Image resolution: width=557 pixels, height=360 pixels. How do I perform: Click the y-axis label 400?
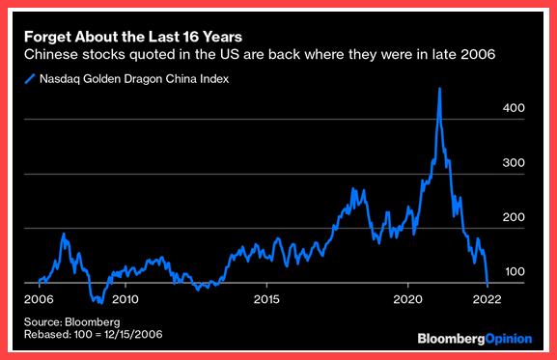[514, 108]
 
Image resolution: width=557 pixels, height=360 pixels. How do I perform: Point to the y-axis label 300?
[514, 163]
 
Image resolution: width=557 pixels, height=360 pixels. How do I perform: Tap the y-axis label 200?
[514, 217]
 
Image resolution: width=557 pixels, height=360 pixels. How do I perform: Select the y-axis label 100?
[515, 272]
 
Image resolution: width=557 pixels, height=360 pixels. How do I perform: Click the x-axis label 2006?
[39, 299]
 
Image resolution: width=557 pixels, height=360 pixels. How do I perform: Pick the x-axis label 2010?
[125, 299]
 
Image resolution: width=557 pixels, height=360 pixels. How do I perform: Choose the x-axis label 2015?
[266, 299]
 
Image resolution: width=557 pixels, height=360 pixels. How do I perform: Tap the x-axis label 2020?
[407, 299]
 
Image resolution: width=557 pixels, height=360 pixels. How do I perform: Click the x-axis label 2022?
[487, 299]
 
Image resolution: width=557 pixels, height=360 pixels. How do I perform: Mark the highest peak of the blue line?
[440, 89]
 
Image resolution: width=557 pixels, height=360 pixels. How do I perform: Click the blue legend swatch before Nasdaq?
[30, 79]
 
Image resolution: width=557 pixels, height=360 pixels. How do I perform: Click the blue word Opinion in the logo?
[509, 339]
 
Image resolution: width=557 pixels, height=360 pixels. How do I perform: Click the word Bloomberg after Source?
[93, 322]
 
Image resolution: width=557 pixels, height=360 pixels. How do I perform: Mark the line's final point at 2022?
[487, 284]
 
